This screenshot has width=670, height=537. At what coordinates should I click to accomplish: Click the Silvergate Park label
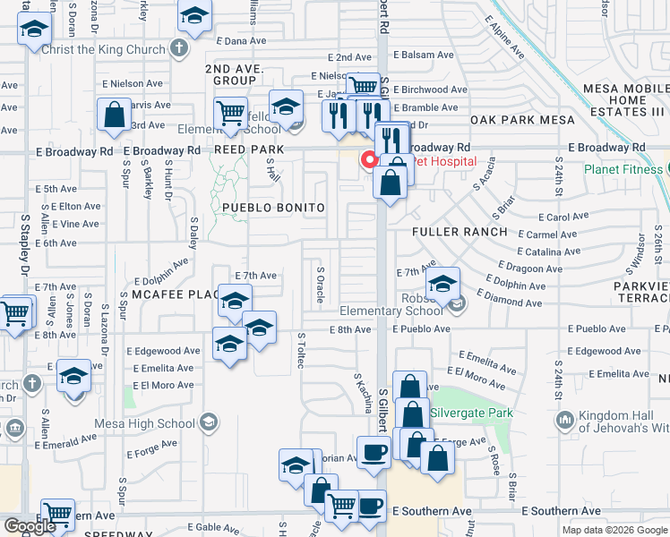point(472,413)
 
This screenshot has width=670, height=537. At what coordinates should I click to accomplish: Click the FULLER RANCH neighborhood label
point(460,232)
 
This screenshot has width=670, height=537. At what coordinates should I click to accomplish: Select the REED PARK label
point(248,150)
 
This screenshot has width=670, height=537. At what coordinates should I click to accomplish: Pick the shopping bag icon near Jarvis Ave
point(116,115)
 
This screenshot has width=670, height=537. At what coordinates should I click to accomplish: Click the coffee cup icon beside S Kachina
point(373,452)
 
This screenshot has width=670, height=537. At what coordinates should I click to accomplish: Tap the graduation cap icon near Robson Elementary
point(442,286)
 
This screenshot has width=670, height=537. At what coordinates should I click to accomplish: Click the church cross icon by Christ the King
point(179,48)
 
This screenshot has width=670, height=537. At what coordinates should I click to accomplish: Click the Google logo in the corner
point(30,526)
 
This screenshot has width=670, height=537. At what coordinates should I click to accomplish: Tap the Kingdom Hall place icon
point(564,420)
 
